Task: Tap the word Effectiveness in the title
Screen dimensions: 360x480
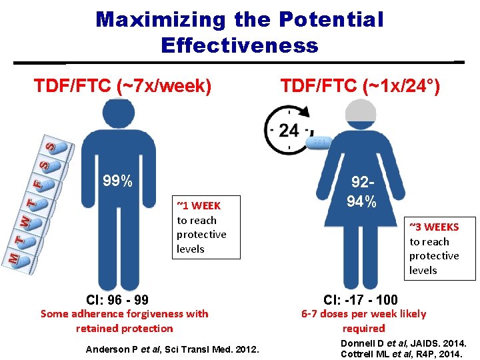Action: (x=239, y=45)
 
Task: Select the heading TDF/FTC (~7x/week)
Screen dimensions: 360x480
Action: (x=123, y=86)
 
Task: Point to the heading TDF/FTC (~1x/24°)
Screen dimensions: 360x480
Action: (x=360, y=86)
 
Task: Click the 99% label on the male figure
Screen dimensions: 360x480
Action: (x=117, y=181)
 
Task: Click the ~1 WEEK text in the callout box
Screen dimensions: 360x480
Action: (x=198, y=206)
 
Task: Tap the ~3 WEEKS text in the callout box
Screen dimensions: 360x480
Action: (x=434, y=227)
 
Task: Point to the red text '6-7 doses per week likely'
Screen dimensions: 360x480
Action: (x=363, y=313)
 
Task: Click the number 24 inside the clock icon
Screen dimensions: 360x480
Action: (x=289, y=130)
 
